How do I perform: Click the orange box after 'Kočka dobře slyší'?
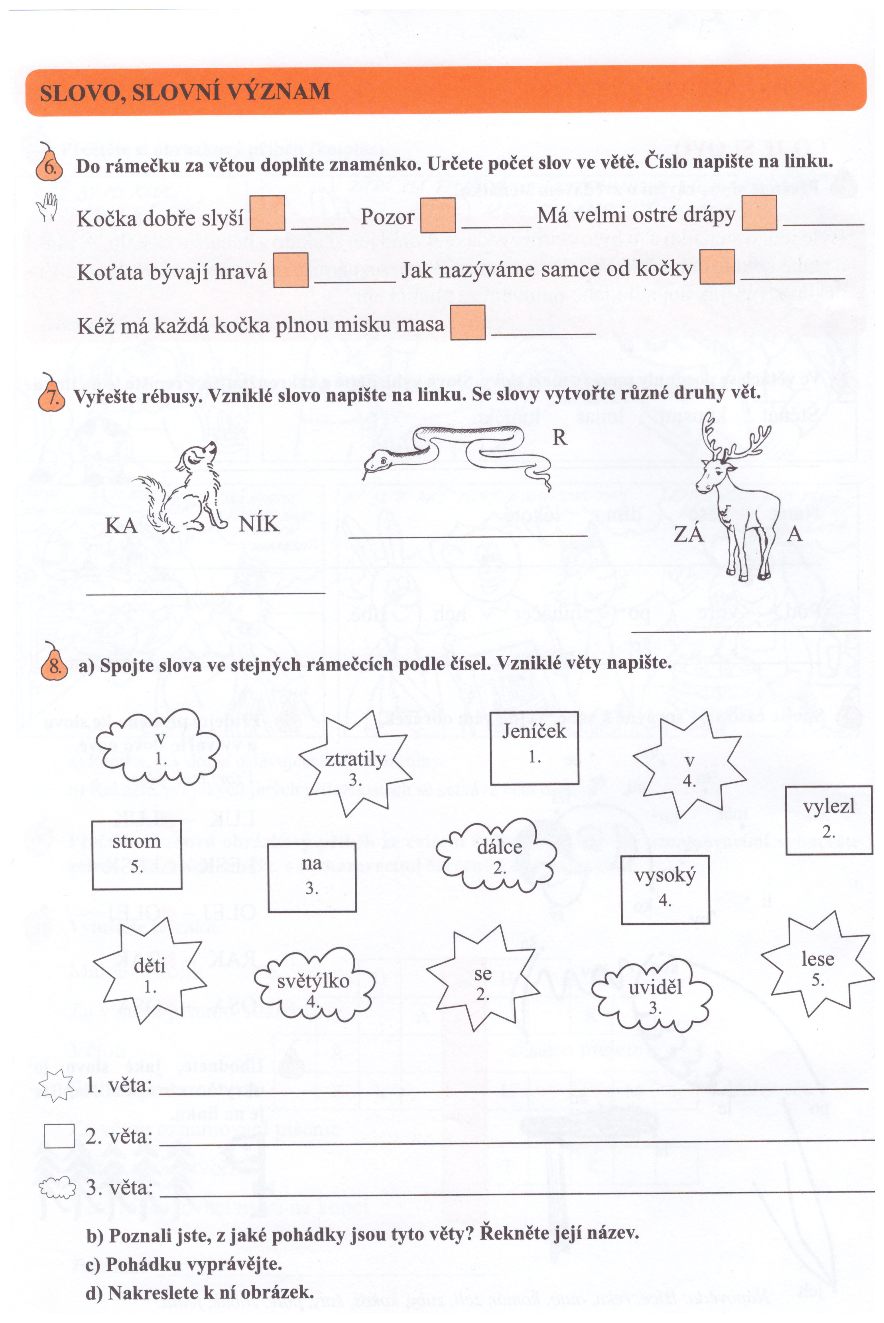[x=267, y=213]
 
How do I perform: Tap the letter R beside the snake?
[x=559, y=437]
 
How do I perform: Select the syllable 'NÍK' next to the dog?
[x=259, y=524]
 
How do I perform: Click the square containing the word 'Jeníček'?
[x=534, y=748]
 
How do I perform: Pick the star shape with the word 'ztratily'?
[x=354, y=764]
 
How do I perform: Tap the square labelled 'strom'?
[x=136, y=854]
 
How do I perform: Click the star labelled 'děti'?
[x=150, y=979]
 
